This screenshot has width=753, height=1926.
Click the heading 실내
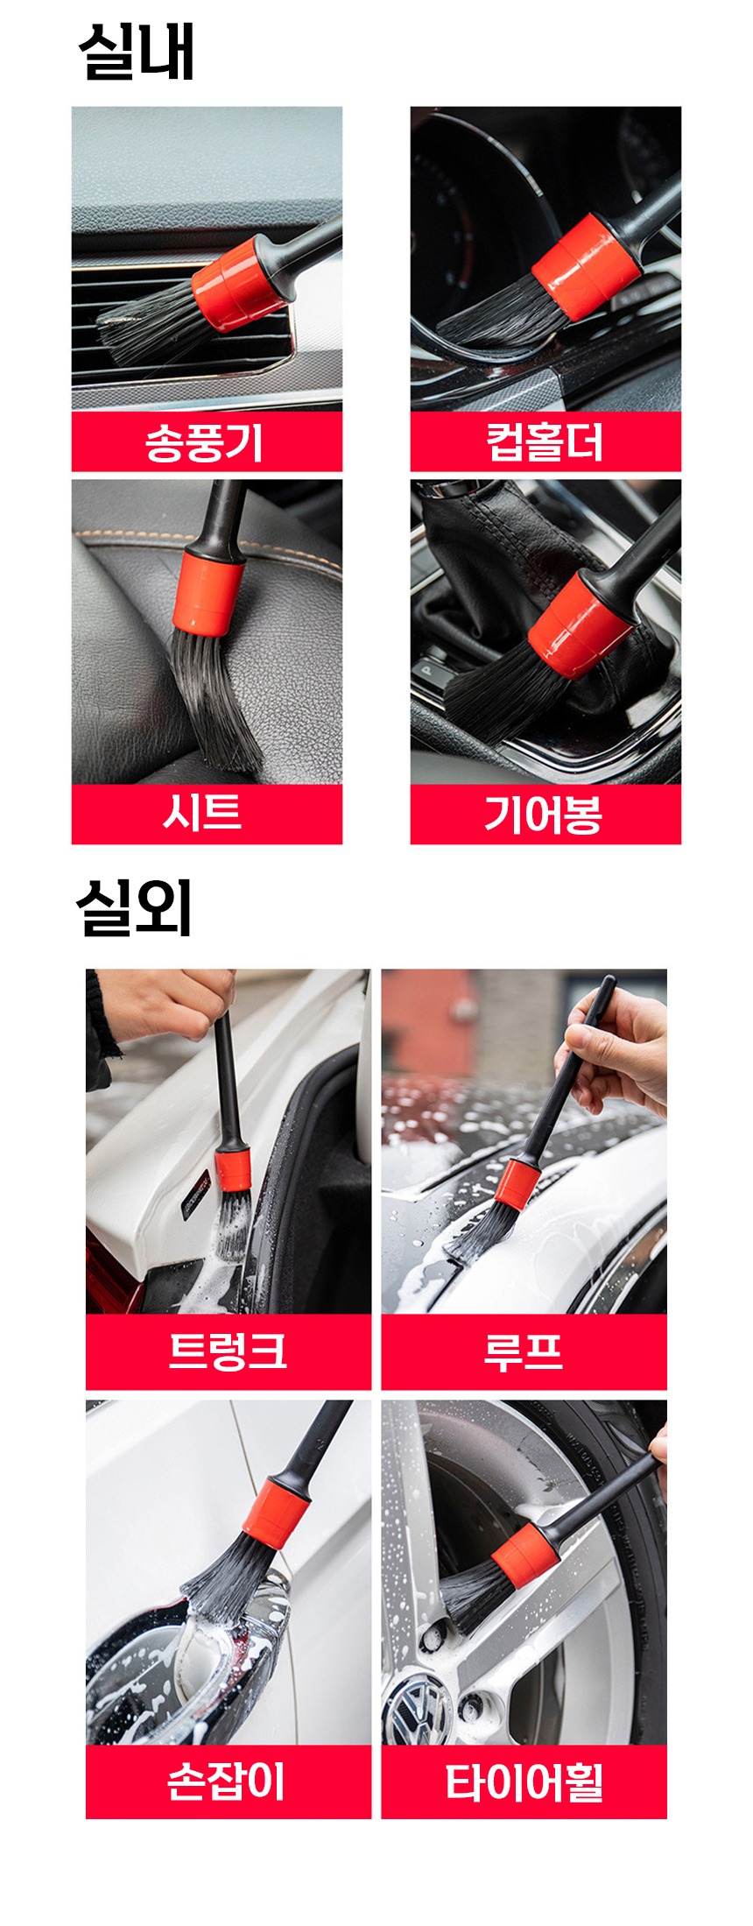pyautogui.click(x=136, y=52)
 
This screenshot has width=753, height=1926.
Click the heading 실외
pyautogui.click(x=134, y=907)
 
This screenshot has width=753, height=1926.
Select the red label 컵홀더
pyautogui.click(x=545, y=442)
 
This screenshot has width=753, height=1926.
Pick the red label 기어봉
pyautogui.click(x=545, y=814)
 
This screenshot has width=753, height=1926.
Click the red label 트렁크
pyautogui.click(x=228, y=1351)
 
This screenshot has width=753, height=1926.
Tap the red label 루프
pyautogui.click(x=524, y=1351)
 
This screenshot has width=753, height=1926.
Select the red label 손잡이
pyautogui.click(x=228, y=1781)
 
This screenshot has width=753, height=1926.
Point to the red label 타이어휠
pyautogui.click(x=524, y=1781)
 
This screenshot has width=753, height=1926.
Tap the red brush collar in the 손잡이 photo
pyautogui.click(x=276, y=1513)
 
